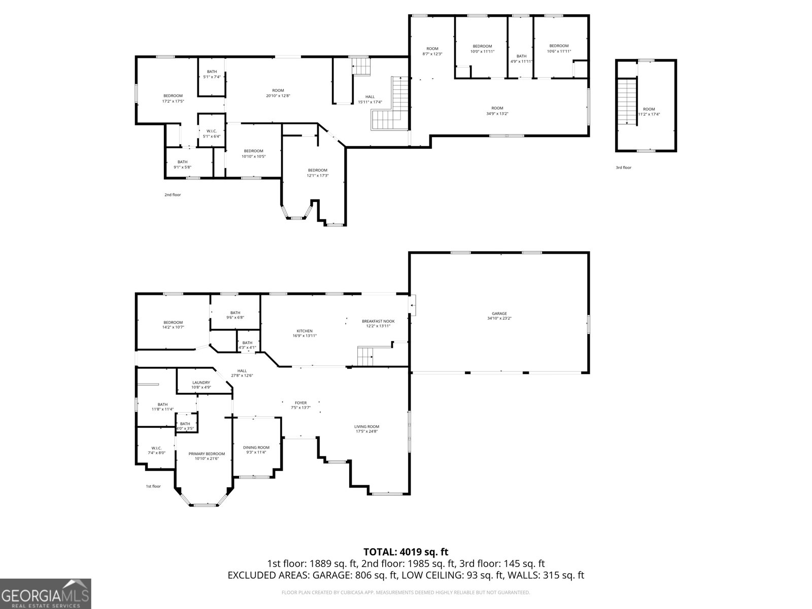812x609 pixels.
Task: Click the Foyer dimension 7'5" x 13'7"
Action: (300, 408)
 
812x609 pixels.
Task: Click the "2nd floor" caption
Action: (173, 195)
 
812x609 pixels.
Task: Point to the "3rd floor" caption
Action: (623, 167)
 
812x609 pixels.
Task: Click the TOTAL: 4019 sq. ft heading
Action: (405, 552)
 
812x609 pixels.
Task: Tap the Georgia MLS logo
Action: (45, 593)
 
